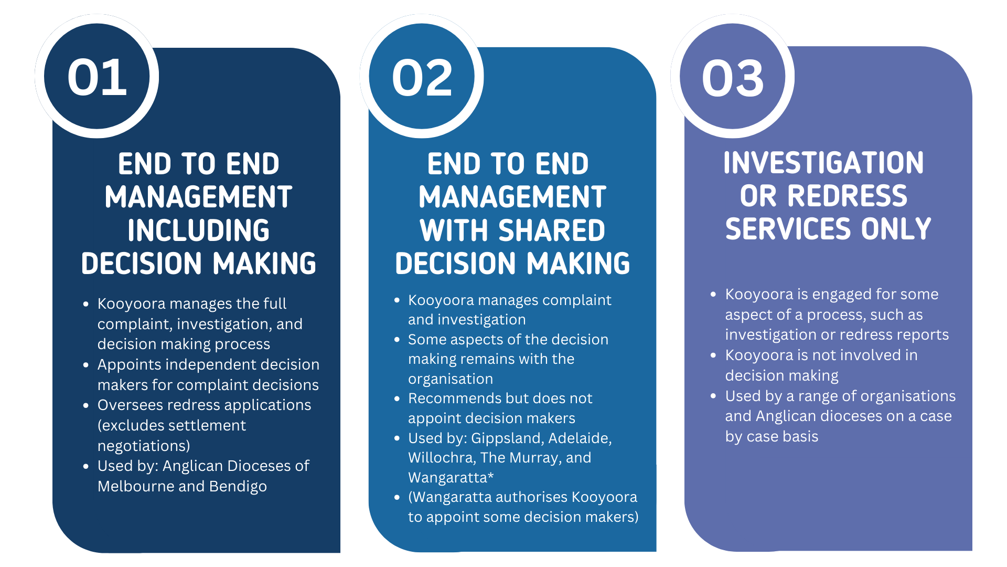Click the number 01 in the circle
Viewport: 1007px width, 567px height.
[x=97, y=78]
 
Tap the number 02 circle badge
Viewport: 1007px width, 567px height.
[x=422, y=78]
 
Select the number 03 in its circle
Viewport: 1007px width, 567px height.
[x=733, y=78]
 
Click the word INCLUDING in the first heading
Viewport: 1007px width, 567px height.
[x=198, y=230]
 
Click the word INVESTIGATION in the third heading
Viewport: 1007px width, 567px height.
[x=823, y=163]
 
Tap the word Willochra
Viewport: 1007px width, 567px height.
[x=441, y=458]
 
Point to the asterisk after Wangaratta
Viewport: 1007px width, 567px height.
[x=491, y=476]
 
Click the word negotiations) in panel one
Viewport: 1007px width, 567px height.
[x=144, y=446]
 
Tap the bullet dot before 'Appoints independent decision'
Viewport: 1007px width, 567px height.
[x=86, y=365]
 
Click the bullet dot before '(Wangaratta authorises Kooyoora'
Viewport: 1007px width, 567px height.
[x=397, y=497]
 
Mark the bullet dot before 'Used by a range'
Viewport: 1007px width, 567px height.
[x=713, y=396]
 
